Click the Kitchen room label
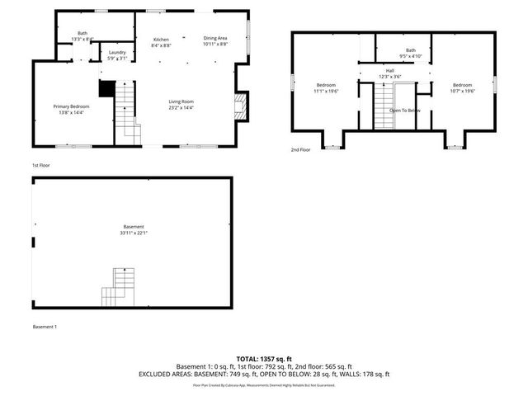tap(161, 40)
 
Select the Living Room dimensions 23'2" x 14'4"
tap(181, 107)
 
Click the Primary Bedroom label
tap(72, 106)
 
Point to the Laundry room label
tap(117, 53)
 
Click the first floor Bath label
tap(82, 34)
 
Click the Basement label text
tap(134, 227)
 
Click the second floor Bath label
tap(410, 50)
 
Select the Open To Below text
tap(405, 110)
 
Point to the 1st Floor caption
tap(41, 165)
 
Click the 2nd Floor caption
tap(300, 149)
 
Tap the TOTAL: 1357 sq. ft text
tap(264, 359)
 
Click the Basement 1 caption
tap(45, 328)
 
